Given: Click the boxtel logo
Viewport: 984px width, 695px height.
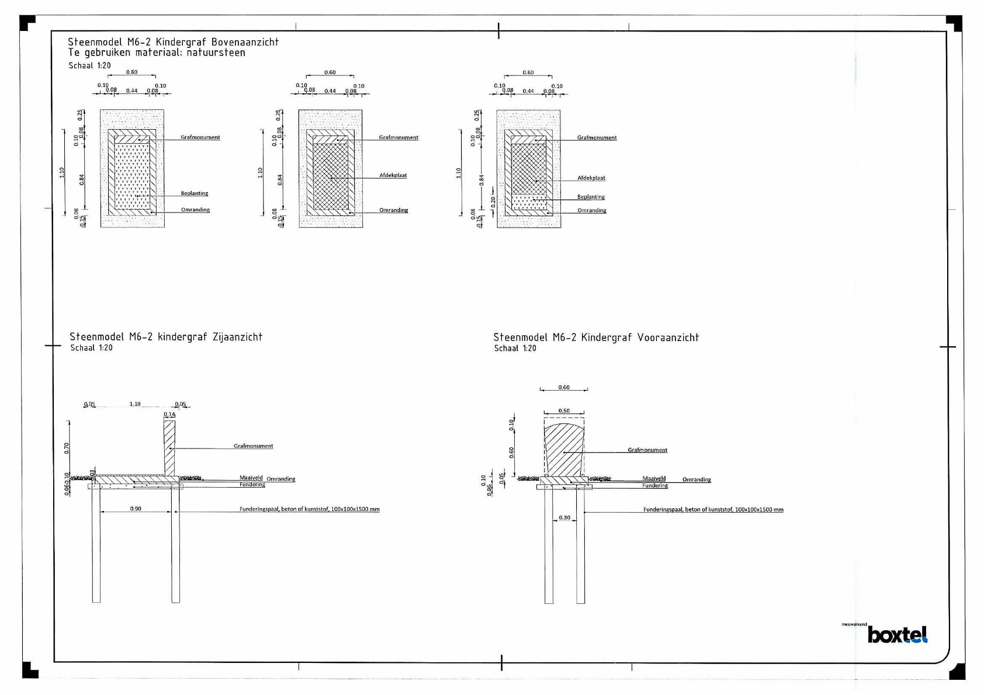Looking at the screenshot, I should pyautogui.click(x=897, y=634).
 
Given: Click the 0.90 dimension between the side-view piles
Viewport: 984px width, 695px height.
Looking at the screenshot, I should pyautogui.click(x=136, y=509).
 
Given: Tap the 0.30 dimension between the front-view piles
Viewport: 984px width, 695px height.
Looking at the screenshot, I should pyautogui.click(x=564, y=517).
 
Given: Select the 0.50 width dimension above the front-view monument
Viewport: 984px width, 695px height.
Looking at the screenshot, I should pyautogui.click(x=564, y=411).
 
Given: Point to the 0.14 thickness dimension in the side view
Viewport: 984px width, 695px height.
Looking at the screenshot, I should pyautogui.click(x=169, y=414).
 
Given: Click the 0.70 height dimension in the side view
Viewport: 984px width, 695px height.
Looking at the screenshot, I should pyautogui.click(x=67, y=448).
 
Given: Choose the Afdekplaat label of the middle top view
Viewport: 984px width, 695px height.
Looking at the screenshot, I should pyautogui.click(x=393, y=175).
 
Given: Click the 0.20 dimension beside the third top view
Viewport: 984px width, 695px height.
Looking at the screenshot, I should pyautogui.click(x=493, y=201).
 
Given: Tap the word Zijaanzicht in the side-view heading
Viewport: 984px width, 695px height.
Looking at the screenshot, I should pyautogui.click(x=237, y=337).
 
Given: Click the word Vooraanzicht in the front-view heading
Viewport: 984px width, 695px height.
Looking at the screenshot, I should pyautogui.click(x=668, y=338).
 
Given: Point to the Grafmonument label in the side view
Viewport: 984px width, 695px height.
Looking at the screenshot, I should pyautogui.click(x=253, y=446).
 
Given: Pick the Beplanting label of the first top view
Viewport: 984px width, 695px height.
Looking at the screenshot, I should pyautogui.click(x=194, y=193).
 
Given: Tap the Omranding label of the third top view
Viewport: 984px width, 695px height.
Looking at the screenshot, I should pyautogui.click(x=591, y=210).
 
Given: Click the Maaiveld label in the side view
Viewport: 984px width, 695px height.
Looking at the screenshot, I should pyautogui.click(x=251, y=477).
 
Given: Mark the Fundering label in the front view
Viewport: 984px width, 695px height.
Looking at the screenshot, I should pyautogui.click(x=654, y=485).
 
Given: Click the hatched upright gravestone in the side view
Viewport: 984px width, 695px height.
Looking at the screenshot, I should pyautogui.click(x=169, y=447).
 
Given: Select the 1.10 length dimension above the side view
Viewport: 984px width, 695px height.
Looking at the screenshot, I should pyautogui.click(x=135, y=404).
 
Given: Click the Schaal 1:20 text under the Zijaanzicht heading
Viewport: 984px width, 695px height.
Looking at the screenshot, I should pyautogui.click(x=91, y=347).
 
